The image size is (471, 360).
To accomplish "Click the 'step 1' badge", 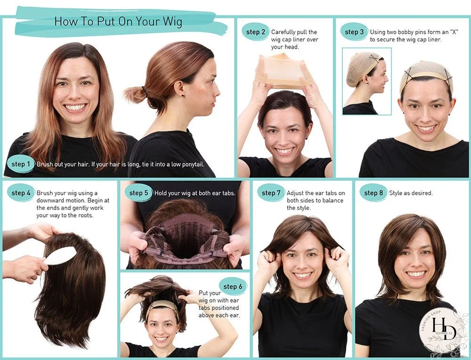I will coord(21,164).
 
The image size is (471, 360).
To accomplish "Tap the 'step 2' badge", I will coord(256,32).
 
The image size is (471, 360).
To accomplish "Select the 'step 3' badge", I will coord(355,32).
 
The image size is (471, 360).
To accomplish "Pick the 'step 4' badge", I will coord(21,193).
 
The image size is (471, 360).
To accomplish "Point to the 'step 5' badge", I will coord(139,193).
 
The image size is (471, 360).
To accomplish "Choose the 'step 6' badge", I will coord(230,287).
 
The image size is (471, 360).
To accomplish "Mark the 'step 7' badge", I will coord(271,193).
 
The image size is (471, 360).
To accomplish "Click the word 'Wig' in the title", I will coord(172,22).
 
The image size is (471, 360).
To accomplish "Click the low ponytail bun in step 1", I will coord(135,93).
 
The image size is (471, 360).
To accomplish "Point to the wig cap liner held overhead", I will coord(283,71).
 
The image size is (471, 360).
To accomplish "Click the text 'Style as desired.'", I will coord(411,193).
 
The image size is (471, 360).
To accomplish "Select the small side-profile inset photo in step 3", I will coord(366,81).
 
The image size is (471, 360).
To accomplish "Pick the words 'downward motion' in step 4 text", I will coord(56,200).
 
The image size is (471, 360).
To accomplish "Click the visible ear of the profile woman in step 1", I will coord(179,87).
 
